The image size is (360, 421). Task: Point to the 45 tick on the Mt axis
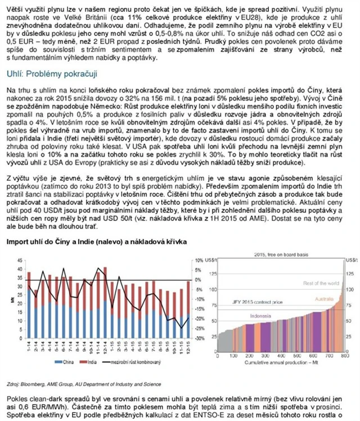(x=20, y=260)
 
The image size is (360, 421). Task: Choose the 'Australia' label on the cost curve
(x=327, y=298)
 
